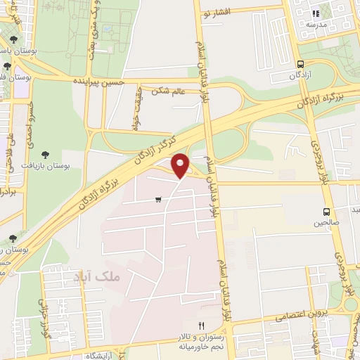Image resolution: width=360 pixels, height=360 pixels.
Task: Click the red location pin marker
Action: pos(181,165)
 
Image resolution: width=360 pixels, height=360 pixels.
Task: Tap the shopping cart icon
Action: pos(159,200)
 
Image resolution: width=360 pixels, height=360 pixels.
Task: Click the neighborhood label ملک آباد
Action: pos(101,277)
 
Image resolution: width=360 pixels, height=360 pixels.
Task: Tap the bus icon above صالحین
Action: pos(326,212)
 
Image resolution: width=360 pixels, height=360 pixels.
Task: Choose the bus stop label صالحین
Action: pos(326,222)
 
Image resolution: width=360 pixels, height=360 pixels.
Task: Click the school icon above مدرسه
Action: pos(316,13)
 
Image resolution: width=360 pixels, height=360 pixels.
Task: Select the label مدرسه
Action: pos(316,23)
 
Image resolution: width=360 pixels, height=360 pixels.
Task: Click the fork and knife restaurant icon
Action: pos(201,326)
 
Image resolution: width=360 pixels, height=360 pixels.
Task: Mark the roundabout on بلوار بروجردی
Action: pos(351,304)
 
